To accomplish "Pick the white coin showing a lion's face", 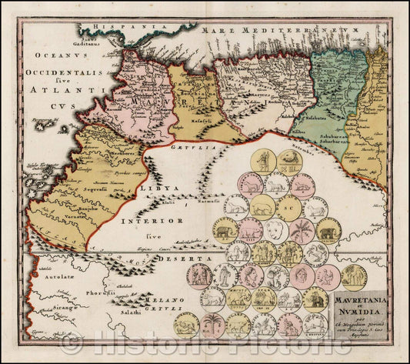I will [x=278, y=230].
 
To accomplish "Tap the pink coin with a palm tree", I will [x=302, y=230].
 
